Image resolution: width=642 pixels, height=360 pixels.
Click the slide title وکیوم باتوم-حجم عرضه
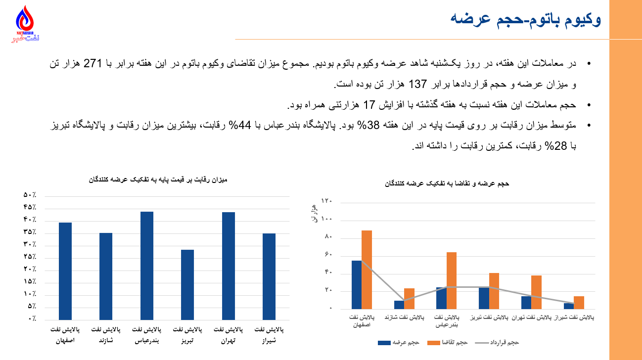(x=526, y=19)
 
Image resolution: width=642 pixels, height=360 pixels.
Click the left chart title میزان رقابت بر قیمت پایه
(x=156, y=180)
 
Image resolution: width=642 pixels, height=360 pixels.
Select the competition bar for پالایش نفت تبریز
(x=187, y=284)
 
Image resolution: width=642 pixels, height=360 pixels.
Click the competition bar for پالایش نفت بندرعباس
(x=147, y=265)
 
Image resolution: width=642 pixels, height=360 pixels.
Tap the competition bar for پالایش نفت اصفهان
(x=65, y=270)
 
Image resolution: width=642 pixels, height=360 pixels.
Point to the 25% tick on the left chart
(x=30, y=257)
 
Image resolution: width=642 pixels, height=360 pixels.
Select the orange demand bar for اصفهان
(x=367, y=270)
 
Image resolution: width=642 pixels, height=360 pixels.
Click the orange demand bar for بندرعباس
(x=452, y=280)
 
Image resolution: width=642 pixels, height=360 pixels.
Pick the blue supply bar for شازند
(x=399, y=305)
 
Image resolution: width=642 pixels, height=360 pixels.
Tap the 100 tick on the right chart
(x=326, y=219)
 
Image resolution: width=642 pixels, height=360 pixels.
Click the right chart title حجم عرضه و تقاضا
(x=447, y=183)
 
